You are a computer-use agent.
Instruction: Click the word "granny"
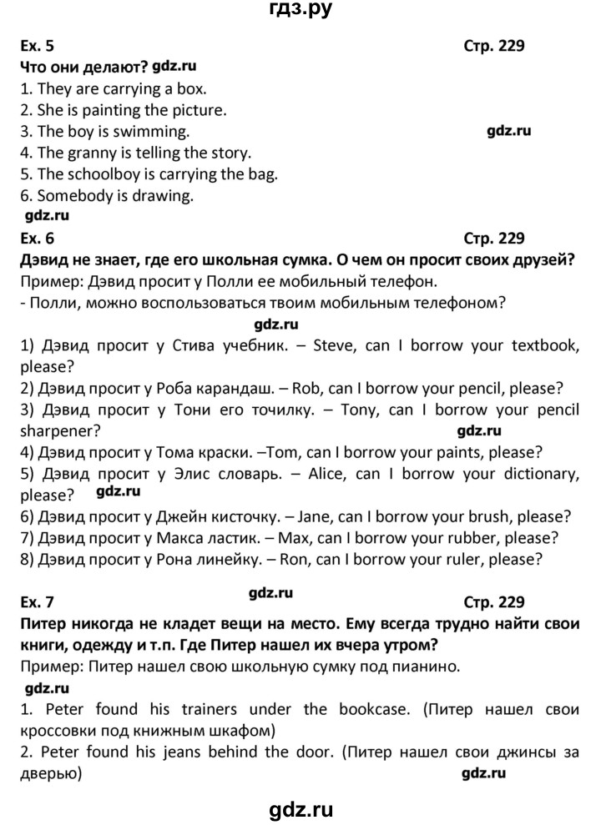pos(93,153)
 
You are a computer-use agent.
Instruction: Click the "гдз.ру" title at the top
pos(300,12)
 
